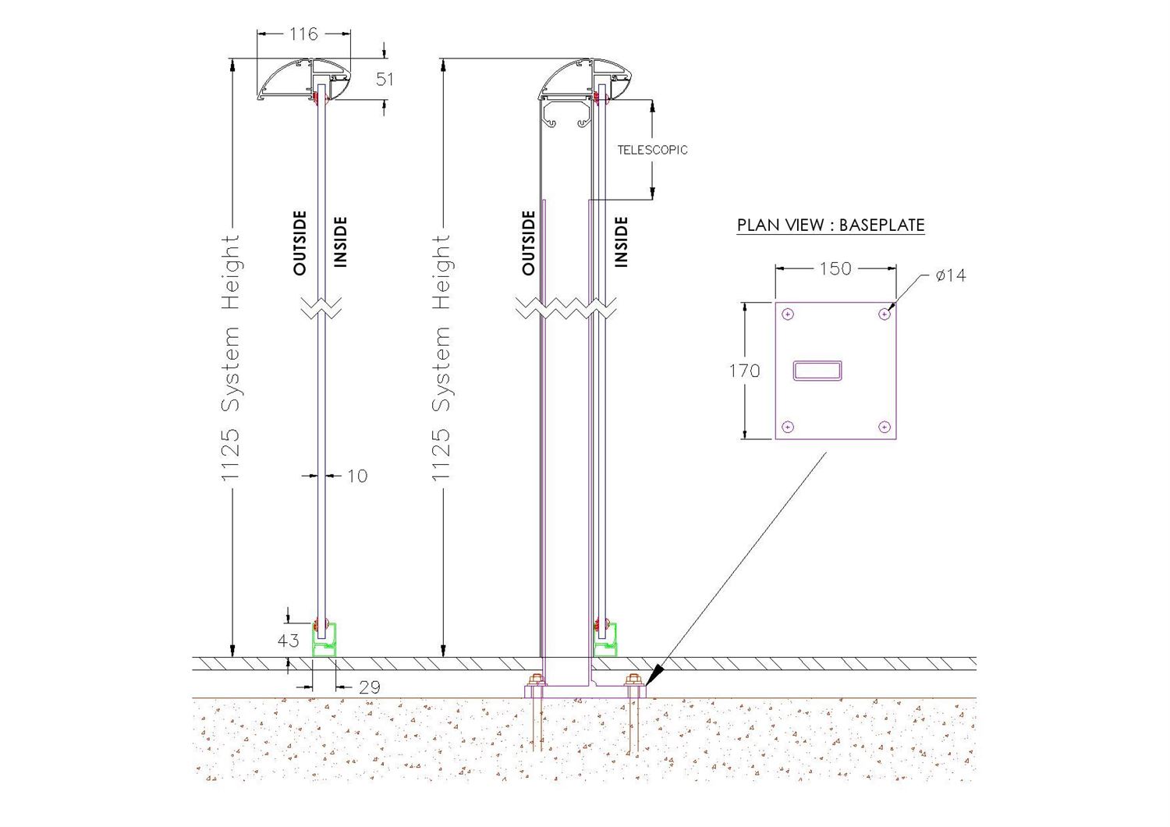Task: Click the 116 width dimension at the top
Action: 303,34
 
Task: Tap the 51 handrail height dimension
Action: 385,80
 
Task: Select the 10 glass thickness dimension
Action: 357,476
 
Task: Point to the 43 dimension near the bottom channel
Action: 289,641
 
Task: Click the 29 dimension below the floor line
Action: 369,687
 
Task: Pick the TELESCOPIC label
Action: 652,150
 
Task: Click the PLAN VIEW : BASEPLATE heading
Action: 831,225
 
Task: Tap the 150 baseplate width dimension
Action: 835,268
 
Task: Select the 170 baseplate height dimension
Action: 744,371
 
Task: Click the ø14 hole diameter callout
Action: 951,275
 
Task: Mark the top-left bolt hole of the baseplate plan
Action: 788,314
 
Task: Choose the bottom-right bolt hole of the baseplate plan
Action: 885,427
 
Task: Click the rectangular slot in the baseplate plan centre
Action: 817,371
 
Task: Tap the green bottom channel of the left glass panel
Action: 324,641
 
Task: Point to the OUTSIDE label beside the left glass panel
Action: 300,243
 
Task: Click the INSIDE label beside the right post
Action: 621,243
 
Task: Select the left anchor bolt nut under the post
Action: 535,680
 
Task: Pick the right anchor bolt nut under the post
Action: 633,680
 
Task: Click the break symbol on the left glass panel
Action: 321,307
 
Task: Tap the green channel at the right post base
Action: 606,641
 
